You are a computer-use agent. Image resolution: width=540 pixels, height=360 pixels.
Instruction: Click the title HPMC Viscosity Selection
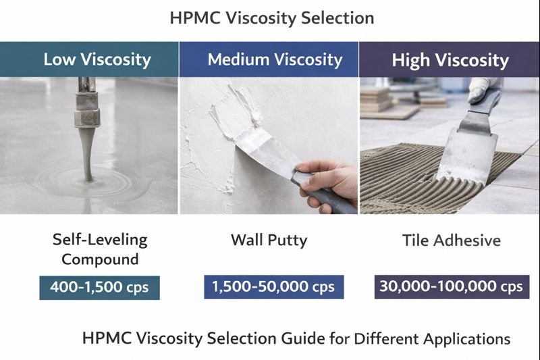(271, 18)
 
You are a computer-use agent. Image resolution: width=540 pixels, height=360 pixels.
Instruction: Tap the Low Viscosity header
(97, 59)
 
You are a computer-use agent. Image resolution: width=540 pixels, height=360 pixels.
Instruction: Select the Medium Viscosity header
(275, 59)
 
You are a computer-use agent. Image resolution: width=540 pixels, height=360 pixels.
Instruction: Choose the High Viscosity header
(450, 60)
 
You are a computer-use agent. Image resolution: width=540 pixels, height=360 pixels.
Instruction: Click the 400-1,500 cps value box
(99, 287)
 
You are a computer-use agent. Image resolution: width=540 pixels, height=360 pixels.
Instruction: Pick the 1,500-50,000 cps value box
(274, 286)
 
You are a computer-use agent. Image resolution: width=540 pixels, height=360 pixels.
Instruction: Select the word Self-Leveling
(99, 239)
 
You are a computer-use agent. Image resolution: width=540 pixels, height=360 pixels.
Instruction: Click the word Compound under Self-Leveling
(99, 259)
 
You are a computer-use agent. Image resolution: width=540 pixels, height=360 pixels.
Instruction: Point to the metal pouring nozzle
(86, 105)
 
